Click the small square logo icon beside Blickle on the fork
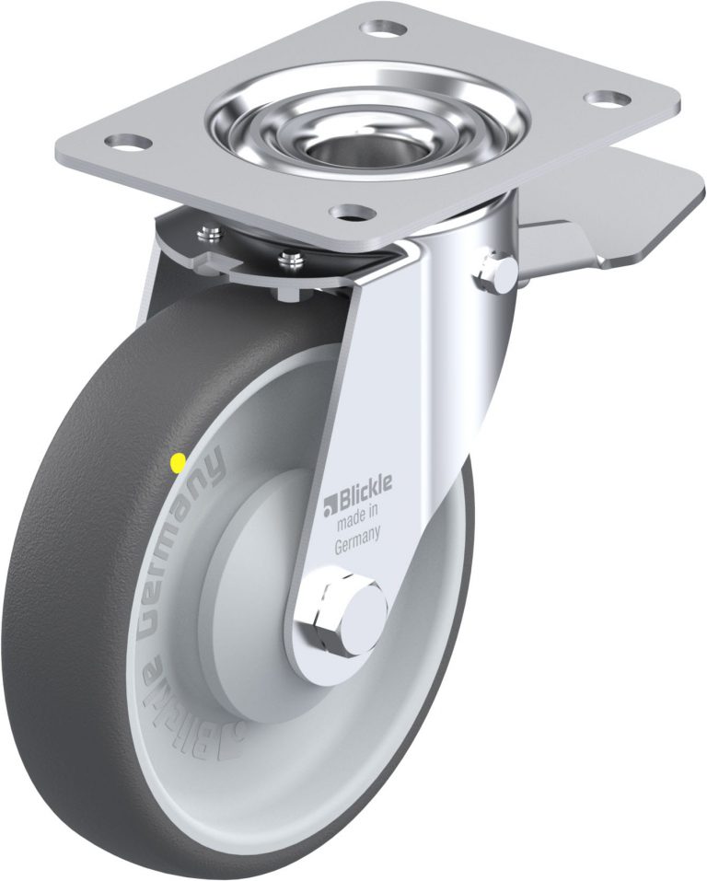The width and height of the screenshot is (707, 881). pos(329,503)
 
